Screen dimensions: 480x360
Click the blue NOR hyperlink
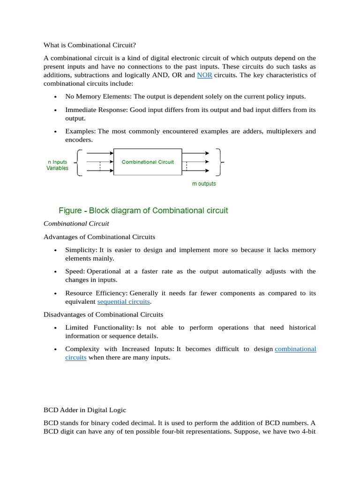[204, 75]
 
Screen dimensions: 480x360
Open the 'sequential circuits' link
[123, 301]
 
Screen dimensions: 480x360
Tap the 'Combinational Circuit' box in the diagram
[148, 162]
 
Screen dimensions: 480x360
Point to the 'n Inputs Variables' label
[57, 165]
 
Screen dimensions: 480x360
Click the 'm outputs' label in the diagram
[204, 184]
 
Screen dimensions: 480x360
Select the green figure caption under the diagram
[143, 210]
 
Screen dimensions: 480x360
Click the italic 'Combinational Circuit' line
[76, 224]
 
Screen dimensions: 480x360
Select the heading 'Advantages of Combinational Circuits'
[99, 237]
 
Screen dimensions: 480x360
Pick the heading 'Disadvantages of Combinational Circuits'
[103, 314]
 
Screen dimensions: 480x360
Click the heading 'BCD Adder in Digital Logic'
[84, 410]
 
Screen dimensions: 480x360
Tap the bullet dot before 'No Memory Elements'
[55, 97]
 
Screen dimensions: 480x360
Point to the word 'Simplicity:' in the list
[81, 250]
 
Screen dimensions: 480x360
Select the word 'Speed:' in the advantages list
[75, 271]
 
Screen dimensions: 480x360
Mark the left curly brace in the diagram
[79, 162]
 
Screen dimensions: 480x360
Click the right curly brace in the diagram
[219, 162]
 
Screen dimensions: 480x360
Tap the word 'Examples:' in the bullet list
[80, 131]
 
